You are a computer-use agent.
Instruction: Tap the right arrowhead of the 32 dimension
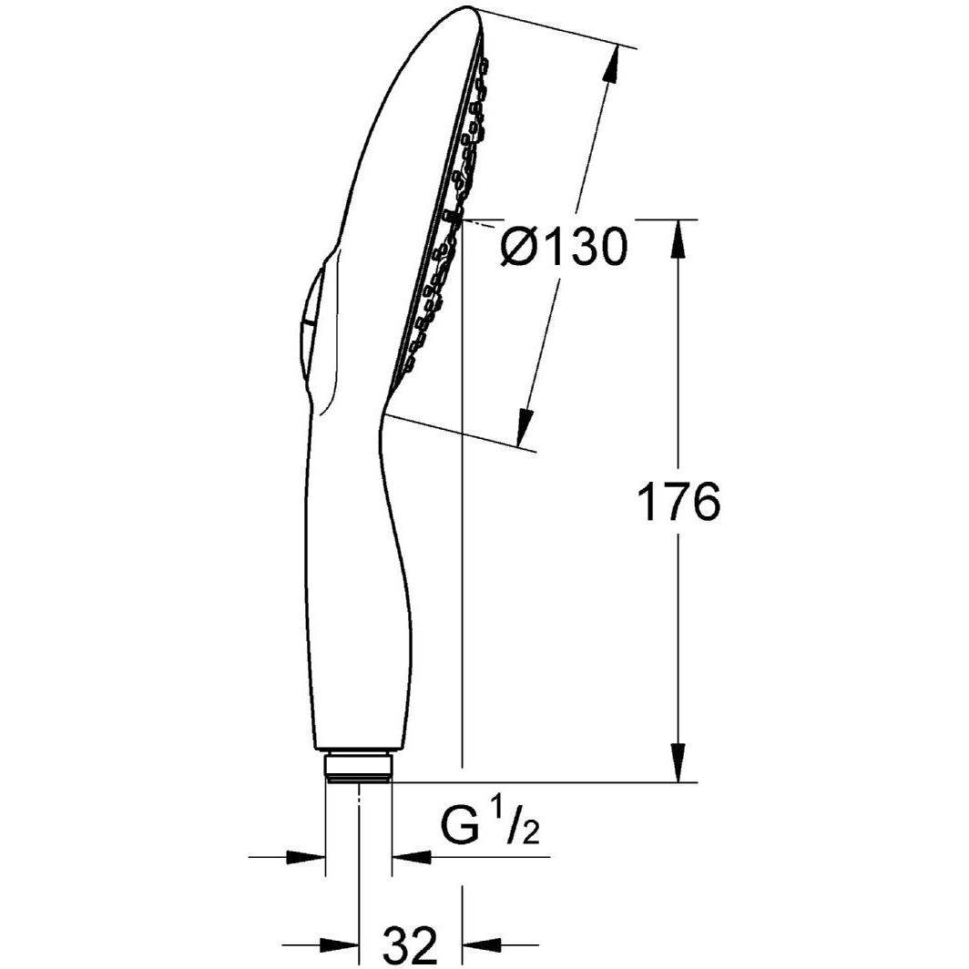point(483,944)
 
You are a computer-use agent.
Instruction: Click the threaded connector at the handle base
point(359,765)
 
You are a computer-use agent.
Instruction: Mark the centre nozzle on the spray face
point(452,217)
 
